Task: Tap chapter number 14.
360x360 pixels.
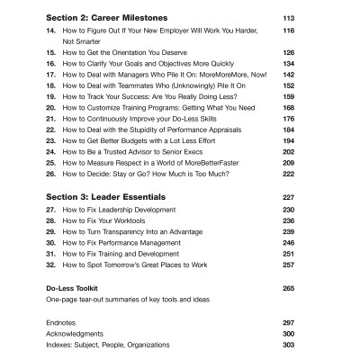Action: pos(50,31)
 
